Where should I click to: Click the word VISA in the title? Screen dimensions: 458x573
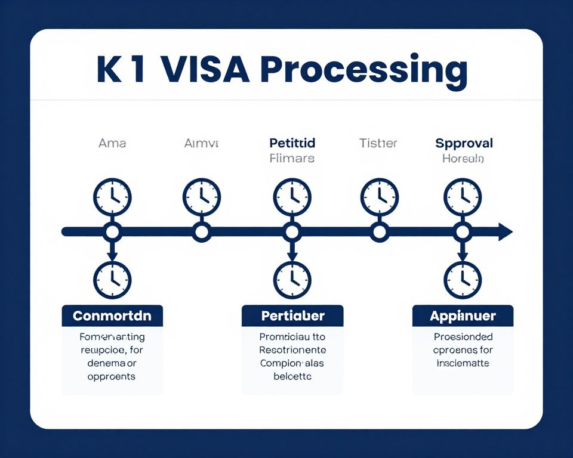[205, 70]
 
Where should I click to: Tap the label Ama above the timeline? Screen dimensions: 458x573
[112, 144]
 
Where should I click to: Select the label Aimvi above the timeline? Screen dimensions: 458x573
[202, 144]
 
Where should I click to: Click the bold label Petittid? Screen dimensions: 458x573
[292, 144]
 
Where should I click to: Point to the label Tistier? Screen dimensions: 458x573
[378, 144]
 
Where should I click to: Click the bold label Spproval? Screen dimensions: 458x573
[464, 144]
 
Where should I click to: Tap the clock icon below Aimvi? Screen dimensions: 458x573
[202, 197]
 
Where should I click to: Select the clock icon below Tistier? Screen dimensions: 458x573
[379, 197]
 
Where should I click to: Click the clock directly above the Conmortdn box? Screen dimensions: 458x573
[112, 280]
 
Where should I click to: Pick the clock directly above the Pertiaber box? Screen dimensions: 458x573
[292, 280]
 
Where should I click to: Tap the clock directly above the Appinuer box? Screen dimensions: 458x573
[463, 280]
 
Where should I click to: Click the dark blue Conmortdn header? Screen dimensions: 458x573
[112, 315]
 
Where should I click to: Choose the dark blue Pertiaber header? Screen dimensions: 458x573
[292, 315]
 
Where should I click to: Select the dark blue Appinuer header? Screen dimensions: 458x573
[463, 315]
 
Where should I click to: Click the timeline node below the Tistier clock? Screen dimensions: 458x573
[379, 232]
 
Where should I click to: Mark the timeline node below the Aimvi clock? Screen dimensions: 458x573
[202, 232]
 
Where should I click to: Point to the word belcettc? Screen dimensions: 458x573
[292, 376]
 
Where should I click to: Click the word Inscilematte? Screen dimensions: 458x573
[463, 363]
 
